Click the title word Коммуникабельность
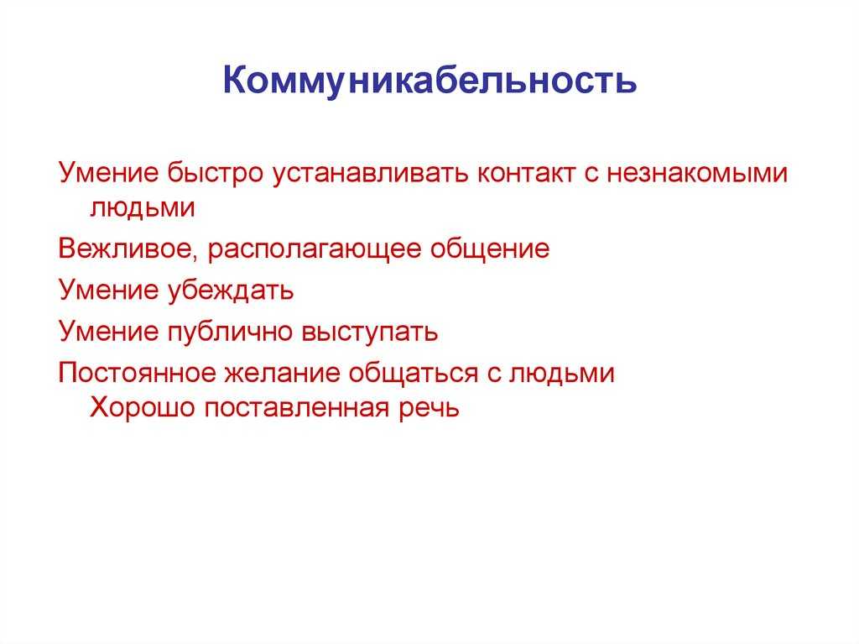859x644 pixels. point(429,81)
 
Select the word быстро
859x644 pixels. point(216,172)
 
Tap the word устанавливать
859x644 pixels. point(370,172)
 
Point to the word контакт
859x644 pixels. point(526,173)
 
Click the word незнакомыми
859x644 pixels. point(697,173)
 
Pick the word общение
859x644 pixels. point(490,249)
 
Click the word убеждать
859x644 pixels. point(230,290)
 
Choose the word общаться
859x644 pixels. point(414,373)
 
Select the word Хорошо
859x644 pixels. point(143,407)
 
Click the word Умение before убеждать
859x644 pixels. point(108,290)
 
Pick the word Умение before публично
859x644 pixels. point(108,332)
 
